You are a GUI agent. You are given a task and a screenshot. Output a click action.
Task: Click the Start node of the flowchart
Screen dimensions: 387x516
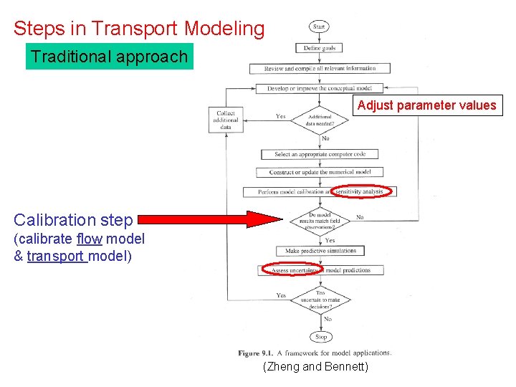point(320,27)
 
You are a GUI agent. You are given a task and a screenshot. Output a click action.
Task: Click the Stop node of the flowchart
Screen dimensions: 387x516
point(320,336)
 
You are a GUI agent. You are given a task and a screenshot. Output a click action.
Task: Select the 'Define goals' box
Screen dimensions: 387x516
point(320,48)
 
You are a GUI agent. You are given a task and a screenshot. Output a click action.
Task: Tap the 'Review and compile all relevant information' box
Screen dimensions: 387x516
point(320,68)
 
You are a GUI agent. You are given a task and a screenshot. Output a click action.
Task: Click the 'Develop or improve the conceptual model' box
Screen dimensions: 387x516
point(320,89)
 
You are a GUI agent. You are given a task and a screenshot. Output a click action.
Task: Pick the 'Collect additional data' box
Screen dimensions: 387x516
point(225,119)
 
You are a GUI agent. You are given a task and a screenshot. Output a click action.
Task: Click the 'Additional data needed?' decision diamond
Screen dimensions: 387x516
point(320,120)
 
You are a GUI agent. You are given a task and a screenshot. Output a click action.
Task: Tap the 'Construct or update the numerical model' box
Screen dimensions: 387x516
point(320,173)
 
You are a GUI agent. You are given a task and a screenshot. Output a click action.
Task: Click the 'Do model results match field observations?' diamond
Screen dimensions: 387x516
point(319,220)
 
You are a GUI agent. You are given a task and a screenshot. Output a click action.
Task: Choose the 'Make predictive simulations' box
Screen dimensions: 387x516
point(320,251)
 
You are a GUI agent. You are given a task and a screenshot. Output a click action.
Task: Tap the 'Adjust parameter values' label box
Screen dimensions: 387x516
point(426,105)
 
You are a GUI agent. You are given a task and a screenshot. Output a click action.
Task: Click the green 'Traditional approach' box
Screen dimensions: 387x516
point(110,57)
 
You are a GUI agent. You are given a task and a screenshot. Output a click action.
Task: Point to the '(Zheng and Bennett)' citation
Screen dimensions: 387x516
point(316,367)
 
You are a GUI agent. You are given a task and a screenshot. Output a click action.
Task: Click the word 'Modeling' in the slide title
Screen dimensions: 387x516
point(224,29)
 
